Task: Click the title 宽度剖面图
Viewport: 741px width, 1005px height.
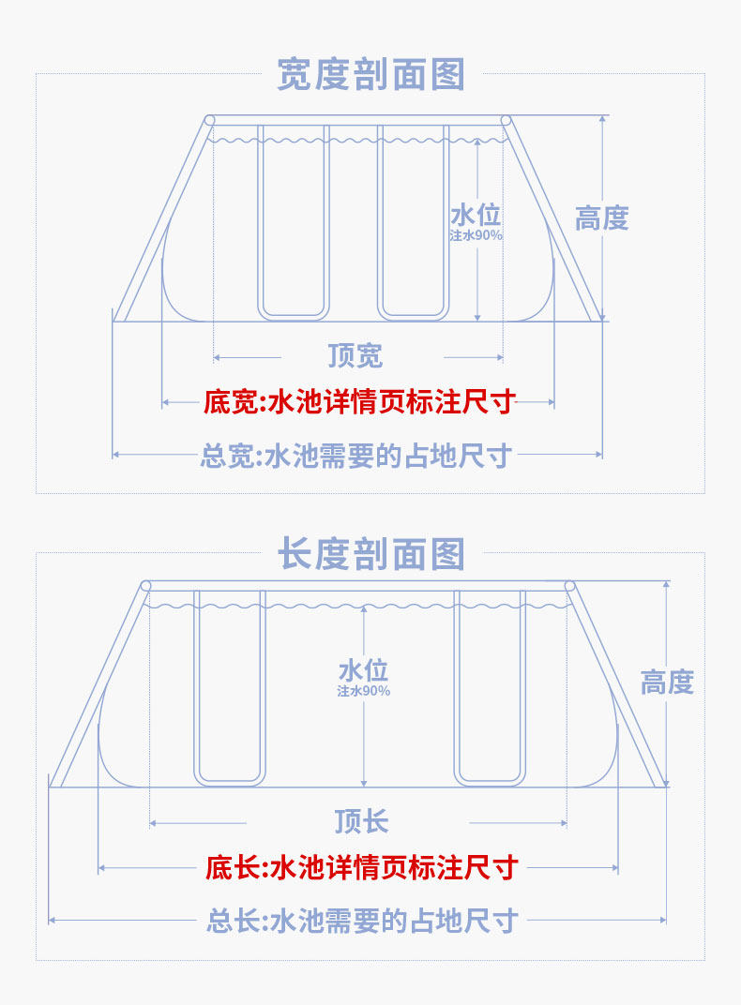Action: (370, 74)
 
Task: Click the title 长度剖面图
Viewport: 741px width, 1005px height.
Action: (370, 553)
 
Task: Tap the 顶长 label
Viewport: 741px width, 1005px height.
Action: (361, 822)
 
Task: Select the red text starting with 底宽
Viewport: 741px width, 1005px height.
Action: (359, 403)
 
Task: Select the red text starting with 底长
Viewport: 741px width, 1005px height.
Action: (361, 868)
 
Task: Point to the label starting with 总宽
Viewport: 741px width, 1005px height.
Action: (355, 457)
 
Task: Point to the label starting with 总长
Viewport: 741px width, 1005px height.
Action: (361, 922)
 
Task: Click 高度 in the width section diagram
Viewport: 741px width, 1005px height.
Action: (601, 218)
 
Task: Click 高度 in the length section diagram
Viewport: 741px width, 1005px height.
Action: (666, 682)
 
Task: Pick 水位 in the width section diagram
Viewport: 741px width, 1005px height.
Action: (476, 215)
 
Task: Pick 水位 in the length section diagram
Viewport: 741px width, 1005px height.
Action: (363, 670)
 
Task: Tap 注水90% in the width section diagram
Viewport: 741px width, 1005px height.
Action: (476, 235)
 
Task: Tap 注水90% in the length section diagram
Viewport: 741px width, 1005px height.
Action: (363, 691)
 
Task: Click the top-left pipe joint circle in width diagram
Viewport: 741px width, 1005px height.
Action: (209, 120)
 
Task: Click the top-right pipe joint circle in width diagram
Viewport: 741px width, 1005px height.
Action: (507, 120)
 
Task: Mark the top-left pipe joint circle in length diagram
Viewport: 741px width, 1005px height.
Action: (145, 586)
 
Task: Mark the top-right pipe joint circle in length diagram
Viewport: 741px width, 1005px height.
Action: (569, 586)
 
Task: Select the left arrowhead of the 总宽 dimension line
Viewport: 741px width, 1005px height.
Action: (116, 455)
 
